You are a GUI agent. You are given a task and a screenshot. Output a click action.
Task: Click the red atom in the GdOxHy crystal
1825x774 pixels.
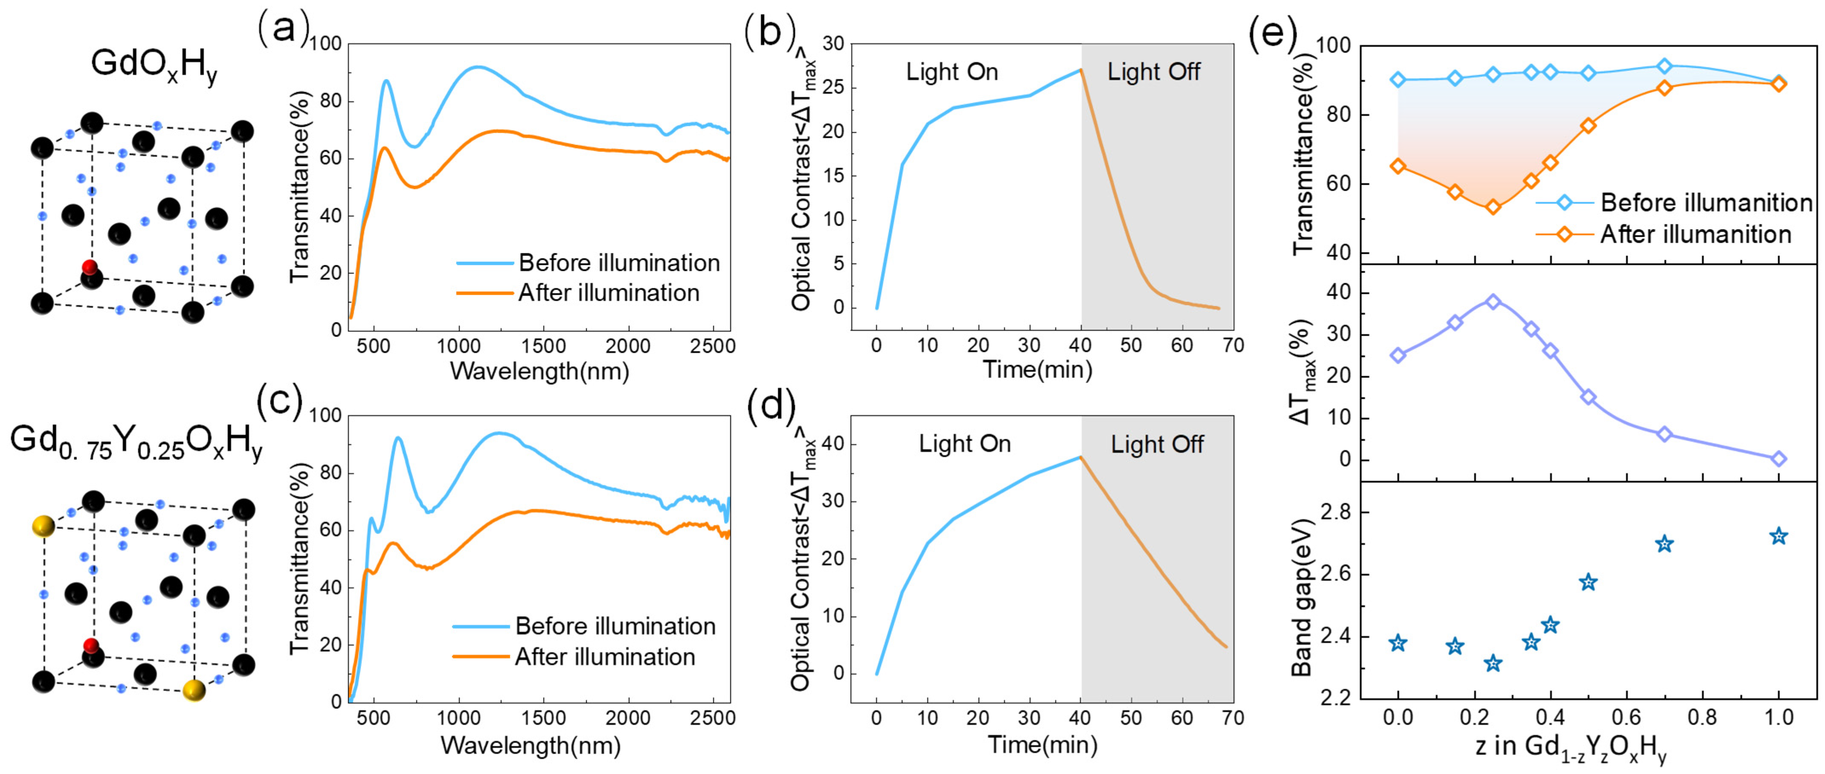click(89, 267)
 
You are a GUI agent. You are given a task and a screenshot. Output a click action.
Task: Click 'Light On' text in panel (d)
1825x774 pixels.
click(964, 444)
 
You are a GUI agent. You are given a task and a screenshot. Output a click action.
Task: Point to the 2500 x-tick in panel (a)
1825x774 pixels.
click(712, 346)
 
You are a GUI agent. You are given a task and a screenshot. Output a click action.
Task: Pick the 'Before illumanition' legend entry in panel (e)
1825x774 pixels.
click(1706, 203)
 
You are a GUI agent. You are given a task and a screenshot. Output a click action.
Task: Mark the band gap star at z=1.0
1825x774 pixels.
click(1778, 536)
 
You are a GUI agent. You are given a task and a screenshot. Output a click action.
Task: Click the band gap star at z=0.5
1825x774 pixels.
click(1588, 582)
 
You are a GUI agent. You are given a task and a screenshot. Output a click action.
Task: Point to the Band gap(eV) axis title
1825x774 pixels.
click(1302, 597)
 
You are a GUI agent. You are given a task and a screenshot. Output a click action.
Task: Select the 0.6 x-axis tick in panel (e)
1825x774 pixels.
click(1626, 717)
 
